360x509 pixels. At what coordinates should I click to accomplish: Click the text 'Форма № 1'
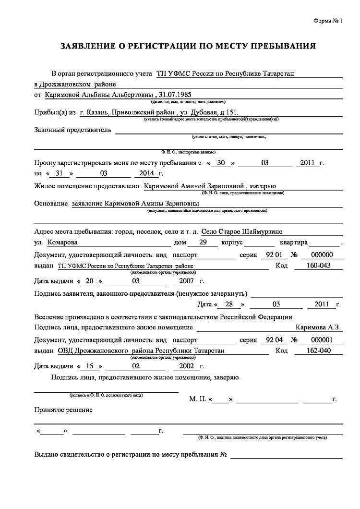(328, 21)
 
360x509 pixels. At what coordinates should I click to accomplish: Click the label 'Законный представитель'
(72, 130)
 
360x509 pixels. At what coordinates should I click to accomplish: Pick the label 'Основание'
(51, 204)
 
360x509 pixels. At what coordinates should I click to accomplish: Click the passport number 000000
(322, 254)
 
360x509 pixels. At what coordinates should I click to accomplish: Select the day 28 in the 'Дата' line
(229, 304)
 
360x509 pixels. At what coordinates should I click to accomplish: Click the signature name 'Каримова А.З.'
(318, 327)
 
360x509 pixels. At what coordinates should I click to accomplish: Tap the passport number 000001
(322, 339)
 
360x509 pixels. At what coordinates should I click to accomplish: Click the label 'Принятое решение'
(63, 410)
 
